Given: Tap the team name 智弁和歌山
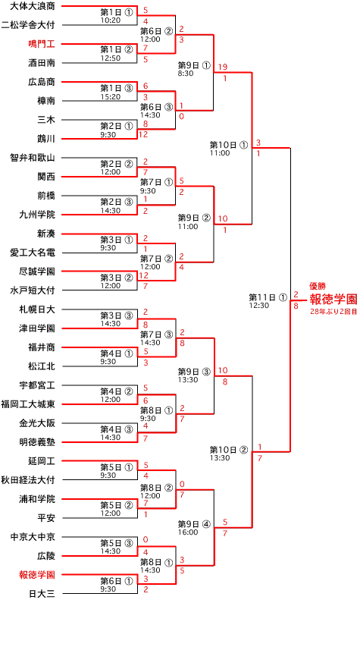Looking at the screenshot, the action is coord(33,158).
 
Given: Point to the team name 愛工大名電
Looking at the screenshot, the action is coord(33,253).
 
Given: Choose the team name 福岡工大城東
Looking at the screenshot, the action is coord(28,404).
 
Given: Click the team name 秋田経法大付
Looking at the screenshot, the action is coord(28,480).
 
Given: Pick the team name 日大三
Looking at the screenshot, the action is coord(42,594).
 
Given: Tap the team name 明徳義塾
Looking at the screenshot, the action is coord(37,442).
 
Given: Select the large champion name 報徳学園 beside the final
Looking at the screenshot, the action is coord(333,300).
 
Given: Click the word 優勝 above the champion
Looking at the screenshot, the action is coord(318,286).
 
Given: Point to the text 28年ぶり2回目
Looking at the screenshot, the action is coord(333,311).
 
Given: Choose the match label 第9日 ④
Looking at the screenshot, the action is coord(194,524).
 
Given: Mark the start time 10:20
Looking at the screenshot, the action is coord(110,20).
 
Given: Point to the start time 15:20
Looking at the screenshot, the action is coord(110,96).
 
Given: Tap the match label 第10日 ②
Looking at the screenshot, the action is coord(229,449).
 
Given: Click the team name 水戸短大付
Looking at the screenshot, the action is coord(33,290).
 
